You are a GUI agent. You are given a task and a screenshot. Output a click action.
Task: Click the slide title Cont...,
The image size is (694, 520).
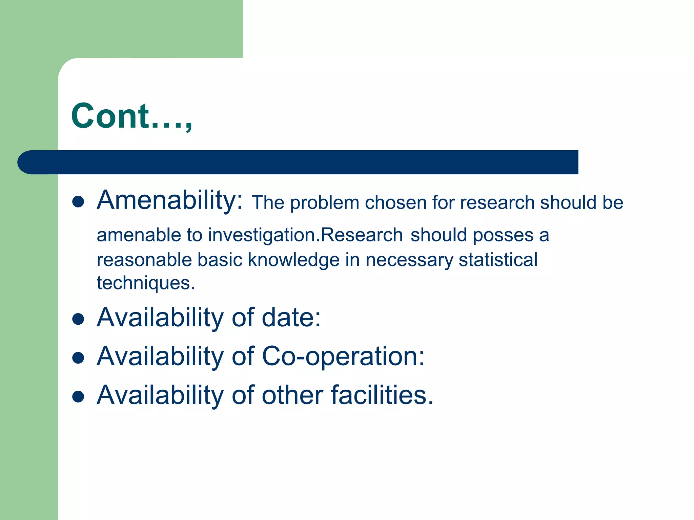click(x=131, y=116)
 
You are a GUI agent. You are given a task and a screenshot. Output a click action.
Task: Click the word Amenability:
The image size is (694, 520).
click(x=169, y=200)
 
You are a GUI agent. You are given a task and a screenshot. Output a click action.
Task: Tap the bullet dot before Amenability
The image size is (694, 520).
click(x=78, y=202)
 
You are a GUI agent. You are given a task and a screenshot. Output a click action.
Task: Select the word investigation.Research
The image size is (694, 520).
click(x=305, y=235)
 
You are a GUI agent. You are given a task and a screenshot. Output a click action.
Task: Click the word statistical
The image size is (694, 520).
click(x=498, y=260)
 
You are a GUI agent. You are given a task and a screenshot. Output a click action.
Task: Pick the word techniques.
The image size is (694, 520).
click(x=146, y=283)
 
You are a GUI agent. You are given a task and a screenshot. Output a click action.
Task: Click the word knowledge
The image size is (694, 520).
click(x=293, y=260)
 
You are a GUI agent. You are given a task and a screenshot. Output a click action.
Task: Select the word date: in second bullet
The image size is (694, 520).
click(x=291, y=318)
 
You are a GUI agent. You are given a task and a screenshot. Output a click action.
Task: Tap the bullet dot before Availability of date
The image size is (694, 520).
click(x=78, y=319)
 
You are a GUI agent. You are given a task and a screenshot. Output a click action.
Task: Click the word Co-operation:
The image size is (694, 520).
click(x=343, y=356)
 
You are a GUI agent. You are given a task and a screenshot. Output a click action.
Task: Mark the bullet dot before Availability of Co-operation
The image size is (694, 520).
click(x=78, y=357)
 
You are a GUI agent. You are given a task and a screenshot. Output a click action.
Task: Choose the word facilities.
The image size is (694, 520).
click(x=382, y=395)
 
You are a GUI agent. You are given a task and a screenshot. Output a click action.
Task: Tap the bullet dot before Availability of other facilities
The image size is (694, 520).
click(x=78, y=396)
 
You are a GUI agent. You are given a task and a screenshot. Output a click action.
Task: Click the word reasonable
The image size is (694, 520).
click(x=144, y=260)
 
